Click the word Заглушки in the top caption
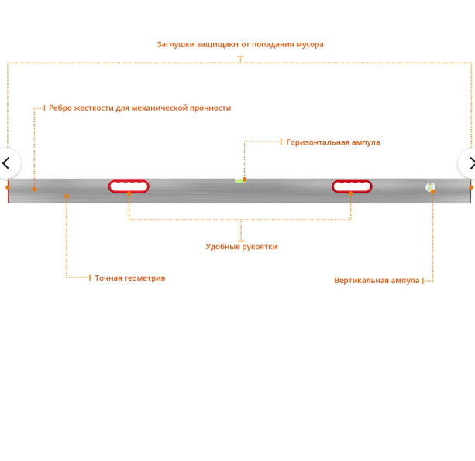pos(177,45)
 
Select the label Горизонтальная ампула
pos(333,142)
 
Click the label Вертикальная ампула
pos(377,281)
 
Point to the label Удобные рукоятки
pos(241,247)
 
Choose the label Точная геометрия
pos(129,278)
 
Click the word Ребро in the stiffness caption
pos(60,108)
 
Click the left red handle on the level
pos(129,186)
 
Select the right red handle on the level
pos(352,186)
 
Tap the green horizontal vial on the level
pos(240,181)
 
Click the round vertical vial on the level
pos(430,187)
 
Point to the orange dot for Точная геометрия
pos(67,196)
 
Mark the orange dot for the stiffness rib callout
pos(34,189)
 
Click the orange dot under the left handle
pos(129,193)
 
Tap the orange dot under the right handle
pos(351,193)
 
